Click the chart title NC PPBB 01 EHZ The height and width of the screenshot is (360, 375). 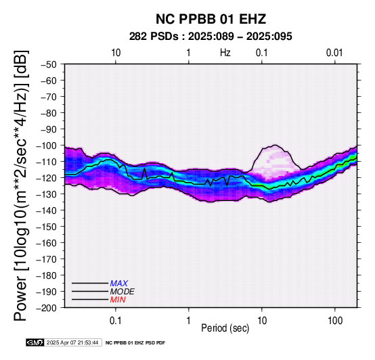[211, 19]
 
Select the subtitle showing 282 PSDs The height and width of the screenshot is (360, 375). [211, 37]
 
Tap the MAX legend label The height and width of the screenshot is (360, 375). [119, 284]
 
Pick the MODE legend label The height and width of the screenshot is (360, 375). [123, 292]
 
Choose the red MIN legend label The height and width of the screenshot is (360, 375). [118, 300]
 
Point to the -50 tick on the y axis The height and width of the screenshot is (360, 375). [49, 64]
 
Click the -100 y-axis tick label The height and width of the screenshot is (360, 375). [46, 145]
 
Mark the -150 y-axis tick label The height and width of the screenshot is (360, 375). [46, 227]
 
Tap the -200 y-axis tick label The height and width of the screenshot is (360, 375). [46, 308]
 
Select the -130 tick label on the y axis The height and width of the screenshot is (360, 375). [46, 194]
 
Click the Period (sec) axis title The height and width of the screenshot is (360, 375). [225, 328]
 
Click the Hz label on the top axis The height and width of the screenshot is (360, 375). [225, 53]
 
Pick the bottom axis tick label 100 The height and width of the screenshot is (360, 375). [335, 321]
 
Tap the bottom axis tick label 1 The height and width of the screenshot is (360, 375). [189, 321]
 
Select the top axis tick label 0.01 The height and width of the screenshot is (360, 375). [334, 53]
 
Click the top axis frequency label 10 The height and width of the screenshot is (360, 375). [116, 53]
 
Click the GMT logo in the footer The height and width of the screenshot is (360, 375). [35, 342]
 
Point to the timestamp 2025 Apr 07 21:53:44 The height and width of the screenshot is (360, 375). [72, 342]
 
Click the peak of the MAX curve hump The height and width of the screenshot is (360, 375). [275, 145]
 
